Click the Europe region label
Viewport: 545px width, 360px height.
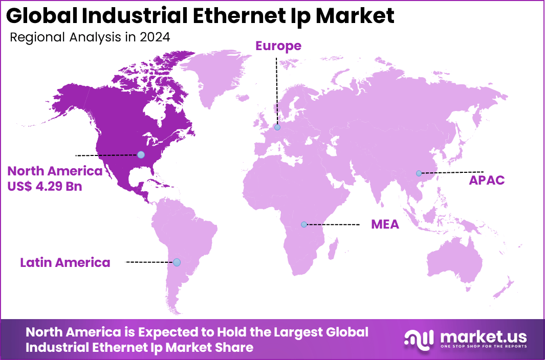(278, 46)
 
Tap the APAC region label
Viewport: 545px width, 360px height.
(487, 181)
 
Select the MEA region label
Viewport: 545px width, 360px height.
(385, 224)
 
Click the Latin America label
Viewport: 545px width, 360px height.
(65, 262)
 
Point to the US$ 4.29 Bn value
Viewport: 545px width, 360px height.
(45, 186)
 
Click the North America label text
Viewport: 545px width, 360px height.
(55, 171)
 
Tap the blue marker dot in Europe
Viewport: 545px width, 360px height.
(277, 127)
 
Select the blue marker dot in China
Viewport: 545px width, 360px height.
(419, 173)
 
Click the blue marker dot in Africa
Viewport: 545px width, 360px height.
(304, 224)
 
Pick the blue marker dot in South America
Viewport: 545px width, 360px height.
(177, 262)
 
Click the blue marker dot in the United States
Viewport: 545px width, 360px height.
(141, 154)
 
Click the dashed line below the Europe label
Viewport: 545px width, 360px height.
(276, 87)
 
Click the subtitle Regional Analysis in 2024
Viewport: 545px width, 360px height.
(90, 37)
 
